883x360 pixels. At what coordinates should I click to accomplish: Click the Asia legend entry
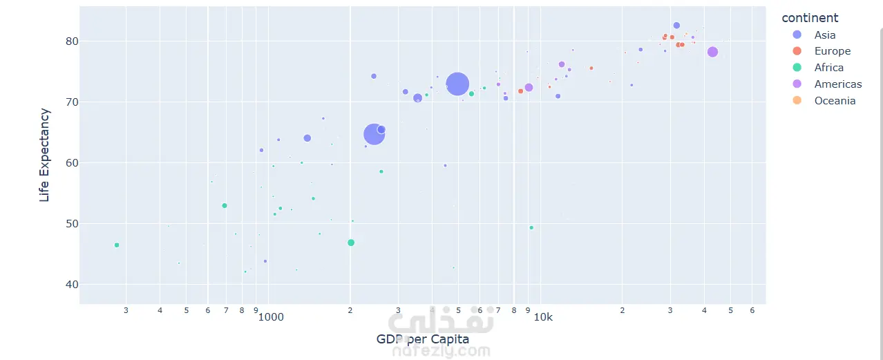(824, 35)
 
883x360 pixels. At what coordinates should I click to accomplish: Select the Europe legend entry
(832, 51)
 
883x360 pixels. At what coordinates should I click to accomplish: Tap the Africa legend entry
(828, 68)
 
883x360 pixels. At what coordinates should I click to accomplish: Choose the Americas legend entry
(837, 84)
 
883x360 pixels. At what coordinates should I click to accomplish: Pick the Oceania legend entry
(835, 101)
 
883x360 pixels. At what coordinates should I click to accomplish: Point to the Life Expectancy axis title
(45, 155)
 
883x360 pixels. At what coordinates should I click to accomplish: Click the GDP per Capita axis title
(422, 339)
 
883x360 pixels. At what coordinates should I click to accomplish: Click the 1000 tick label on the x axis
(271, 317)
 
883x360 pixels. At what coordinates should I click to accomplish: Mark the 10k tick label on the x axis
(543, 317)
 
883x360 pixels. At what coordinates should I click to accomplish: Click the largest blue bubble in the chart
(457, 84)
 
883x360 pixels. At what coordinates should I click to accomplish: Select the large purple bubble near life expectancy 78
(712, 52)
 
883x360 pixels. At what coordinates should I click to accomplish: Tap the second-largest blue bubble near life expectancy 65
(374, 134)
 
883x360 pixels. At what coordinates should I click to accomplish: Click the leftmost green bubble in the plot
(117, 245)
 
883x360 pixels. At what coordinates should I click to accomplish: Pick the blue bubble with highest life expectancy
(676, 26)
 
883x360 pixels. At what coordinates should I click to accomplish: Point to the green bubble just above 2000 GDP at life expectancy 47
(351, 243)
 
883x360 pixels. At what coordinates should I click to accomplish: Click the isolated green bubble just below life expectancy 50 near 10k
(531, 227)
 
